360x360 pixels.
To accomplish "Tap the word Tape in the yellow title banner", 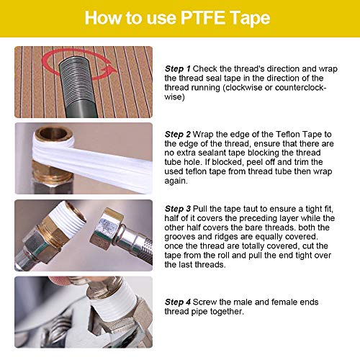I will (257, 18).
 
